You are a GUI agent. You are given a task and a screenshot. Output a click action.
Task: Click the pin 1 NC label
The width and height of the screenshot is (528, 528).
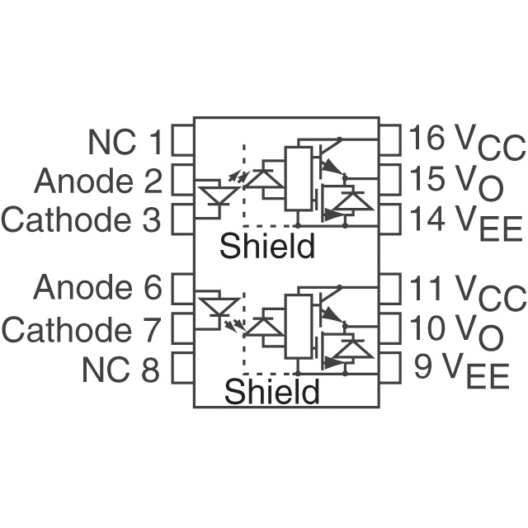pyautogui.click(x=125, y=142)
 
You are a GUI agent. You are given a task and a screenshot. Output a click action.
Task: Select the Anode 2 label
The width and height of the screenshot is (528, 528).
pyautogui.click(x=98, y=181)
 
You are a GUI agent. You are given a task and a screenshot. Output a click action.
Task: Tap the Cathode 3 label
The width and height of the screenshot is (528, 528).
pyautogui.click(x=82, y=220)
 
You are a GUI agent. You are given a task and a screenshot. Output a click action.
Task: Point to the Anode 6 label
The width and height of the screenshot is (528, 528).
pyautogui.click(x=98, y=289)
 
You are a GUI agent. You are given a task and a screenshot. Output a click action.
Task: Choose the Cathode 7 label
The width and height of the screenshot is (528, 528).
pyautogui.click(x=81, y=330)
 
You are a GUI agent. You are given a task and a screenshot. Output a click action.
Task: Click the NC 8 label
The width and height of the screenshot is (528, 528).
pyautogui.click(x=120, y=370)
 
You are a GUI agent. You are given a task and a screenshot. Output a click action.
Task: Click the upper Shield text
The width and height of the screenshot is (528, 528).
pyautogui.click(x=266, y=246)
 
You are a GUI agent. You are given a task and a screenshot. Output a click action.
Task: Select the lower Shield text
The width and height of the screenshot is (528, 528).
pyautogui.click(x=271, y=391)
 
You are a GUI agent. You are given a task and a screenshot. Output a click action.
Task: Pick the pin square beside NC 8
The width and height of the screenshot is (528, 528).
pyautogui.click(x=181, y=369)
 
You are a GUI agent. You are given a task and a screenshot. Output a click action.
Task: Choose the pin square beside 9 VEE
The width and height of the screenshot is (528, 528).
pyautogui.click(x=390, y=368)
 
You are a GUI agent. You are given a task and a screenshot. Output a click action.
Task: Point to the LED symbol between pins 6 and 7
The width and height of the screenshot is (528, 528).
pyautogui.click(x=218, y=305)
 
